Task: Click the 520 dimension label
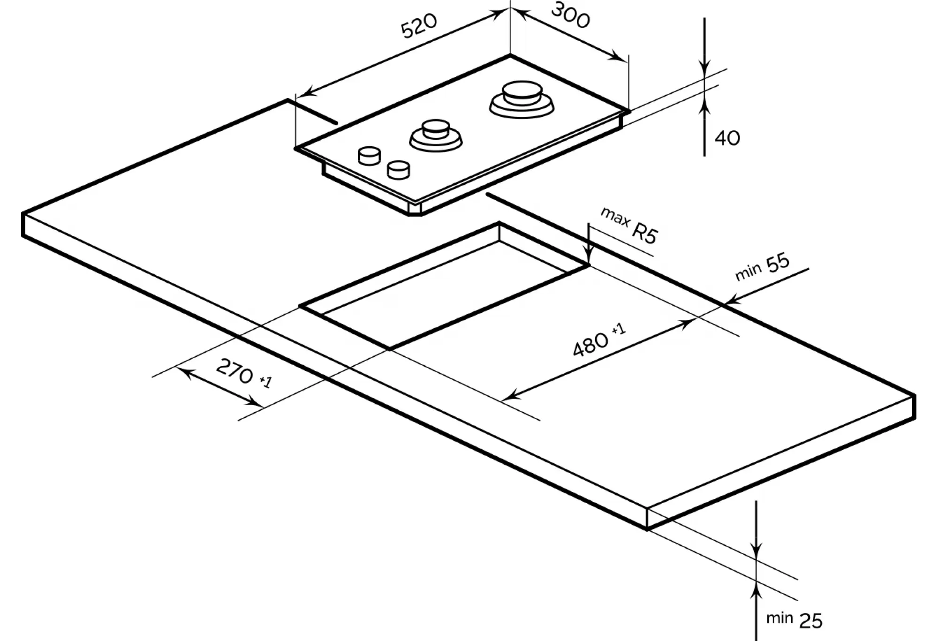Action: click(418, 26)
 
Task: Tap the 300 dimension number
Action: click(570, 16)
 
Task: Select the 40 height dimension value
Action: click(727, 138)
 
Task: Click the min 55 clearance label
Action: click(763, 267)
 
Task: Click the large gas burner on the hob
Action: click(522, 99)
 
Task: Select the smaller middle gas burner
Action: click(436, 136)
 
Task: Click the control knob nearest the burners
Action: click(369, 156)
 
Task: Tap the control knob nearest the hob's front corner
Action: click(398, 170)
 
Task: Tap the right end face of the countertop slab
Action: click(781, 462)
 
